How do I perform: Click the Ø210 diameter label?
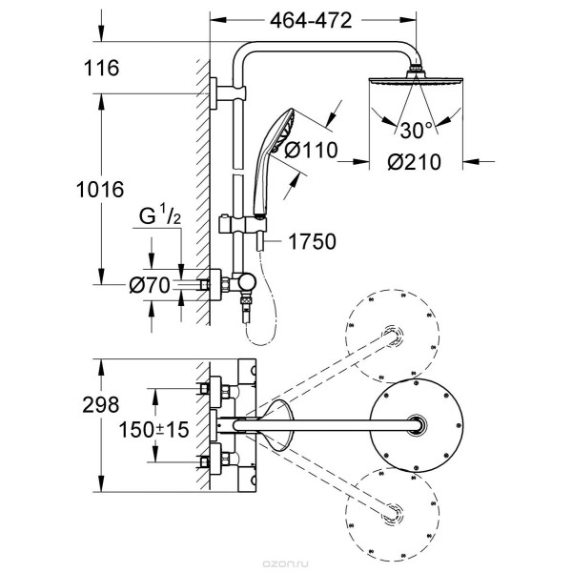point(414,162)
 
